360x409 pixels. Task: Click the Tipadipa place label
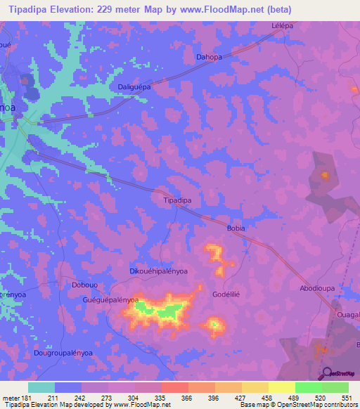[x=177, y=200]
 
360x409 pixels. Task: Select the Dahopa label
[x=209, y=58]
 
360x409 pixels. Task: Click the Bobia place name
[x=235, y=228]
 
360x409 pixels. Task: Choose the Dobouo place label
[x=85, y=285]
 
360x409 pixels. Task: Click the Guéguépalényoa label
[x=111, y=300]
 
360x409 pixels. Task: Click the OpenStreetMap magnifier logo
[x=328, y=372]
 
